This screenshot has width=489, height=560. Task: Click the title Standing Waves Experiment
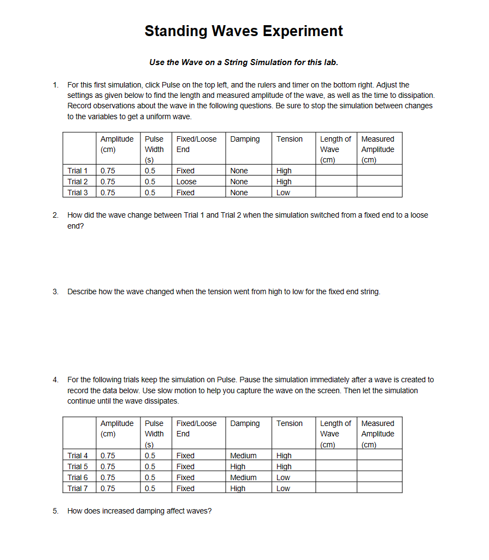244,31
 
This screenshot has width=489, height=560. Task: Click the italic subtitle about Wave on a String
244,62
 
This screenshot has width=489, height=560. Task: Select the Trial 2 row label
77,182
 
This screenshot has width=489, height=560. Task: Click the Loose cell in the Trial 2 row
186,182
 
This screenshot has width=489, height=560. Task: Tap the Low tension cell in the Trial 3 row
283,192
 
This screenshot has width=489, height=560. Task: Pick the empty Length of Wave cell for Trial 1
336,171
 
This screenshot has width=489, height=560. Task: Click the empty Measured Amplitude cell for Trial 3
380,192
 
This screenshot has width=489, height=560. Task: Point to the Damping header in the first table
245,139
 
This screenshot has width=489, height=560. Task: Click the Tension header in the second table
289,424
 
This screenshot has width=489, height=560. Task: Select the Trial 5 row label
77,466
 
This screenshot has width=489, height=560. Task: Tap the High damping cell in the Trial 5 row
238,466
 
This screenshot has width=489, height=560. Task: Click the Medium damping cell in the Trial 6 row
243,477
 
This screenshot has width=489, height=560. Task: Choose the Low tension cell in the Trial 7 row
283,488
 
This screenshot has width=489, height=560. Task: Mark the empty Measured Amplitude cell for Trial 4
380,456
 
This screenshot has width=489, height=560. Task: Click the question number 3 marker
55,291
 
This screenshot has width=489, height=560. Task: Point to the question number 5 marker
55,511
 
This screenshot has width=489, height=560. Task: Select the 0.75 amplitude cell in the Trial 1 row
108,171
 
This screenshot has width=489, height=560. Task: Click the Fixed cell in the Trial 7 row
185,488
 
